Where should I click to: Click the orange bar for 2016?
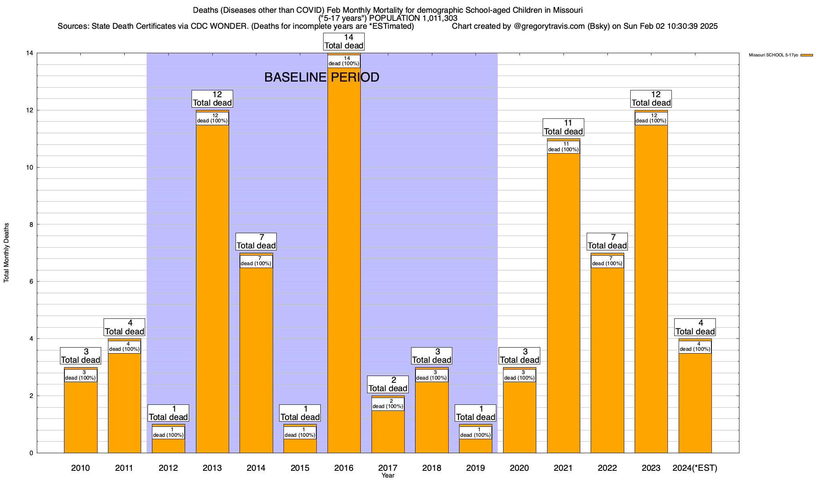click(x=344, y=260)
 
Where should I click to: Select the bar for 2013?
click(x=212, y=288)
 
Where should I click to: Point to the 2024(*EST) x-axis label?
click(x=695, y=468)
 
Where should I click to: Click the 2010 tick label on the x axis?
click(x=80, y=468)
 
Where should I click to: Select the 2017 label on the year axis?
click(x=388, y=468)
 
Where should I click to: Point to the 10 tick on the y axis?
click(x=29, y=167)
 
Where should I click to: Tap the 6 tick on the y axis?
click(x=31, y=282)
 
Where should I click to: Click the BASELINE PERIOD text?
click(x=322, y=77)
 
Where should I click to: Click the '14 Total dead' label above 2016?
click(x=344, y=42)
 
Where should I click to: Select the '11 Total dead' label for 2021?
click(x=563, y=127)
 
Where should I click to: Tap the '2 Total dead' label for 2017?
click(x=388, y=384)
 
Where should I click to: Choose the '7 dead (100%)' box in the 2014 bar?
click(x=256, y=261)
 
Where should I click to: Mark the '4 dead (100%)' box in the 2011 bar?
click(x=124, y=347)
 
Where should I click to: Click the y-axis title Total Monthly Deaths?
click(x=6, y=253)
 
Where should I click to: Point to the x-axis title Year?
click(x=388, y=476)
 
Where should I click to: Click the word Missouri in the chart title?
click(x=568, y=10)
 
